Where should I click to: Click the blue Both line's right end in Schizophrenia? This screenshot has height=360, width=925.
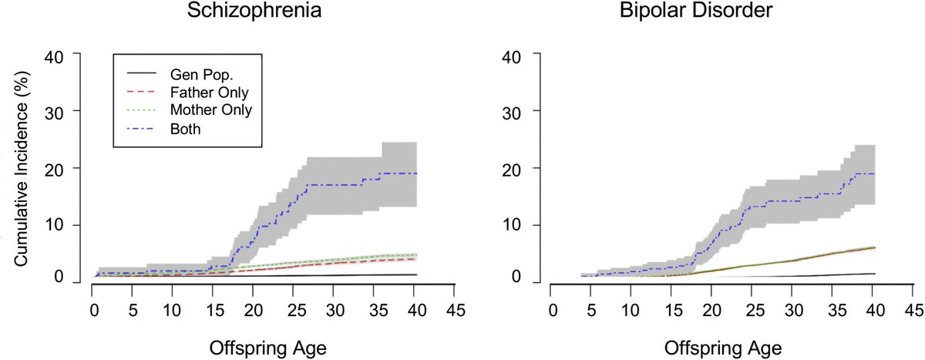tap(417, 173)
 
